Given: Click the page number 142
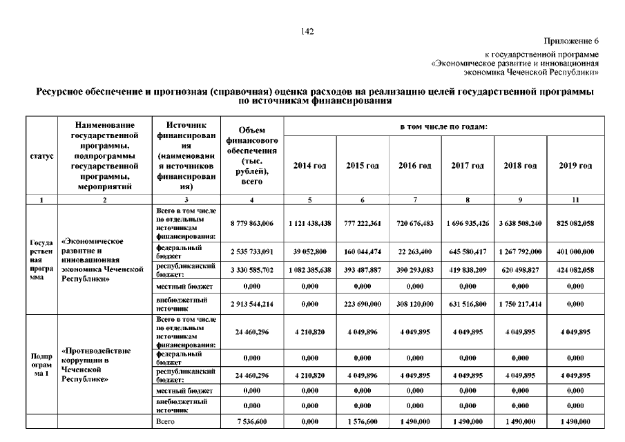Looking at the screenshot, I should click(x=308, y=31).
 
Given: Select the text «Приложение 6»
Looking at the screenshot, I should click(x=571, y=41).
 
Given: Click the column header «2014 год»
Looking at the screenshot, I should click(x=309, y=166).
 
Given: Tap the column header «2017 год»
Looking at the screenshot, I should click(x=468, y=166).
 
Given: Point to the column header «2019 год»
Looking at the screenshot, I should click(x=575, y=166).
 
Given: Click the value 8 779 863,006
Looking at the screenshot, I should click(x=251, y=224).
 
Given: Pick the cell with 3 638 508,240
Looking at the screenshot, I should click(x=521, y=224).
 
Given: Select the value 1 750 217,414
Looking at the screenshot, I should click(x=521, y=302).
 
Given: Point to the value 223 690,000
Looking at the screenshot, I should click(x=363, y=302).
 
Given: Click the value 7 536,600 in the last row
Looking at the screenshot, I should click(x=251, y=421).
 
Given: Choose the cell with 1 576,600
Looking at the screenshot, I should click(x=363, y=421).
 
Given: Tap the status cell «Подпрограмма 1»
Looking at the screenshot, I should click(x=41, y=365).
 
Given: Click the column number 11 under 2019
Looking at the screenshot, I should click(x=575, y=200).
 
